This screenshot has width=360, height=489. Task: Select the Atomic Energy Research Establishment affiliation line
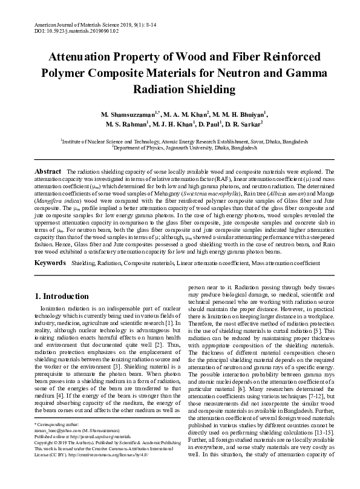point(180,140)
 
